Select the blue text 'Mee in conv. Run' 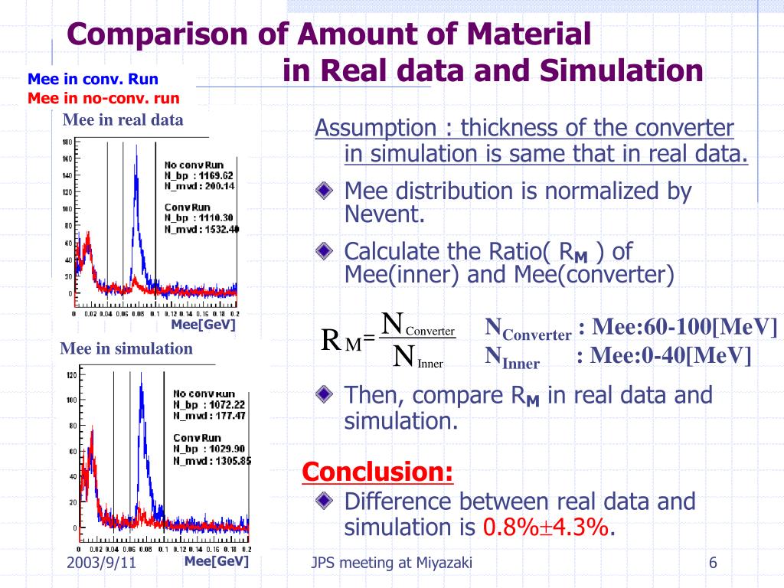(93, 79)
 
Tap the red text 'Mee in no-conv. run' (103, 98)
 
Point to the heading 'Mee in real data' (122, 119)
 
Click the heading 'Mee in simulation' (126, 349)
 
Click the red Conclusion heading (377, 472)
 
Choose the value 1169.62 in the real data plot (217, 175)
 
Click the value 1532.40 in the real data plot (218, 228)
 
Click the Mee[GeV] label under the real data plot (202, 325)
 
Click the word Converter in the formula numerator (430, 331)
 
